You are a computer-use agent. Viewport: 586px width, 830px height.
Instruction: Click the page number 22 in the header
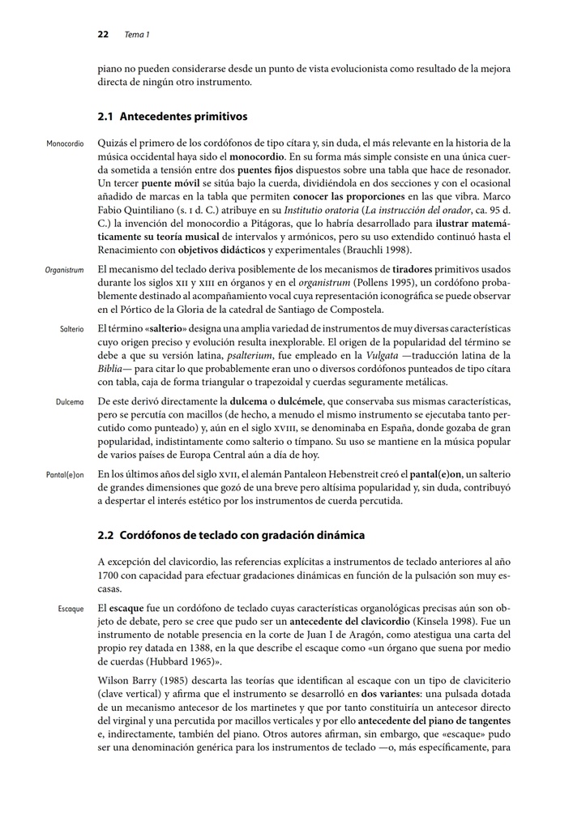103,35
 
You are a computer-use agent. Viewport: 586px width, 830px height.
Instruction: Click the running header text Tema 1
137,35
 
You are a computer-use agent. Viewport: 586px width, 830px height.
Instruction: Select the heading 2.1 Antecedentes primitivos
172,117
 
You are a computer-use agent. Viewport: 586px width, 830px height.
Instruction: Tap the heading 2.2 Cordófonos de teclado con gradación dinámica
231,535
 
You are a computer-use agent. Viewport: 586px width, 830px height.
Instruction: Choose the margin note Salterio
71,330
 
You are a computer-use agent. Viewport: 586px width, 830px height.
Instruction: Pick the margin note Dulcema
70,402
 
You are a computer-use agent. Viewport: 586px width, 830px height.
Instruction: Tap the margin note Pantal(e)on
64,474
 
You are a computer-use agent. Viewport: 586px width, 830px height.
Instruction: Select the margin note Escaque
71,607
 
